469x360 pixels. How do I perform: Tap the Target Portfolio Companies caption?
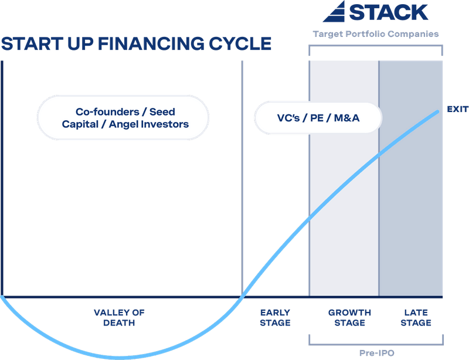[376, 34]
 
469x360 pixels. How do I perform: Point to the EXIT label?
[456, 109]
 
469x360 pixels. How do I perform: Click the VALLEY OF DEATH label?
[119, 317]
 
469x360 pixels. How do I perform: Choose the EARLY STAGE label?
[275, 317]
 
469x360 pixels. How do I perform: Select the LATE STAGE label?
[417, 317]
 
